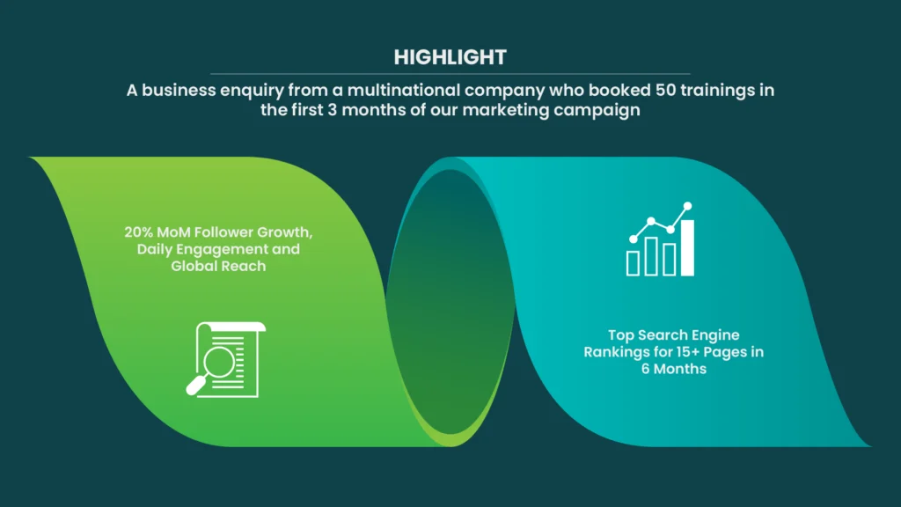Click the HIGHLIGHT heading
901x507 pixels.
(x=450, y=57)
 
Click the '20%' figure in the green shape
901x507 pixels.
(x=138, y=232)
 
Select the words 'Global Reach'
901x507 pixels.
(x=218, y=266)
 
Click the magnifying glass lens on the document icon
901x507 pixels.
(x=219, y=362)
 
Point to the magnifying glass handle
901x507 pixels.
(x=196, y=386)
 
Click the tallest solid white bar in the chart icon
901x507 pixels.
(x=687, y=247)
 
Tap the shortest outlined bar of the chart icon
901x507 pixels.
(x=633, y=263)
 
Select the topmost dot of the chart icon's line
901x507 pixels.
(x=687, y=206)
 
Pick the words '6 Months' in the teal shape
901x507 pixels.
(x=673, y=369)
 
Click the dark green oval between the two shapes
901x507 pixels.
(x=450, y=302)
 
